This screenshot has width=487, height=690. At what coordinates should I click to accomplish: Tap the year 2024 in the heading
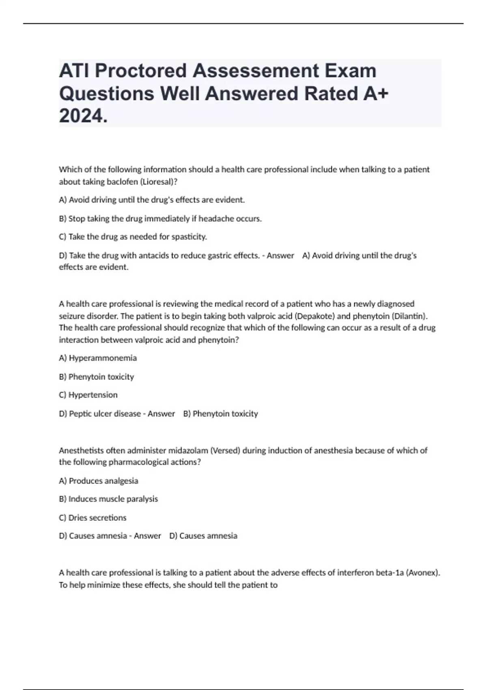[83, 116]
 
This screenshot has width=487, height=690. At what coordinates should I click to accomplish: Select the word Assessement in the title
[256, 71]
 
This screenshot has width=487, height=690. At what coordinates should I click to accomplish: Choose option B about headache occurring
[160, 219]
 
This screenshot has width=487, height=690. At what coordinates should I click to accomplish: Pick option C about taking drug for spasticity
[133, 237]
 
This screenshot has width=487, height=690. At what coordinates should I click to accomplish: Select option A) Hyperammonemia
[98, 358]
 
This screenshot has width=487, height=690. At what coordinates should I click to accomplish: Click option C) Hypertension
[88, 395]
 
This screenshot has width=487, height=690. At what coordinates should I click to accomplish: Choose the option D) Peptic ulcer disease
[100, 414]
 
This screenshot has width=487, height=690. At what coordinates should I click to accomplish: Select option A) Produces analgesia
[98, 481]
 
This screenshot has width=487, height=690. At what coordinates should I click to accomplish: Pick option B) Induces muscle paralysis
[108, 499]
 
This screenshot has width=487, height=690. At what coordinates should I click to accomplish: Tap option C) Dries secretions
[93, 518]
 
